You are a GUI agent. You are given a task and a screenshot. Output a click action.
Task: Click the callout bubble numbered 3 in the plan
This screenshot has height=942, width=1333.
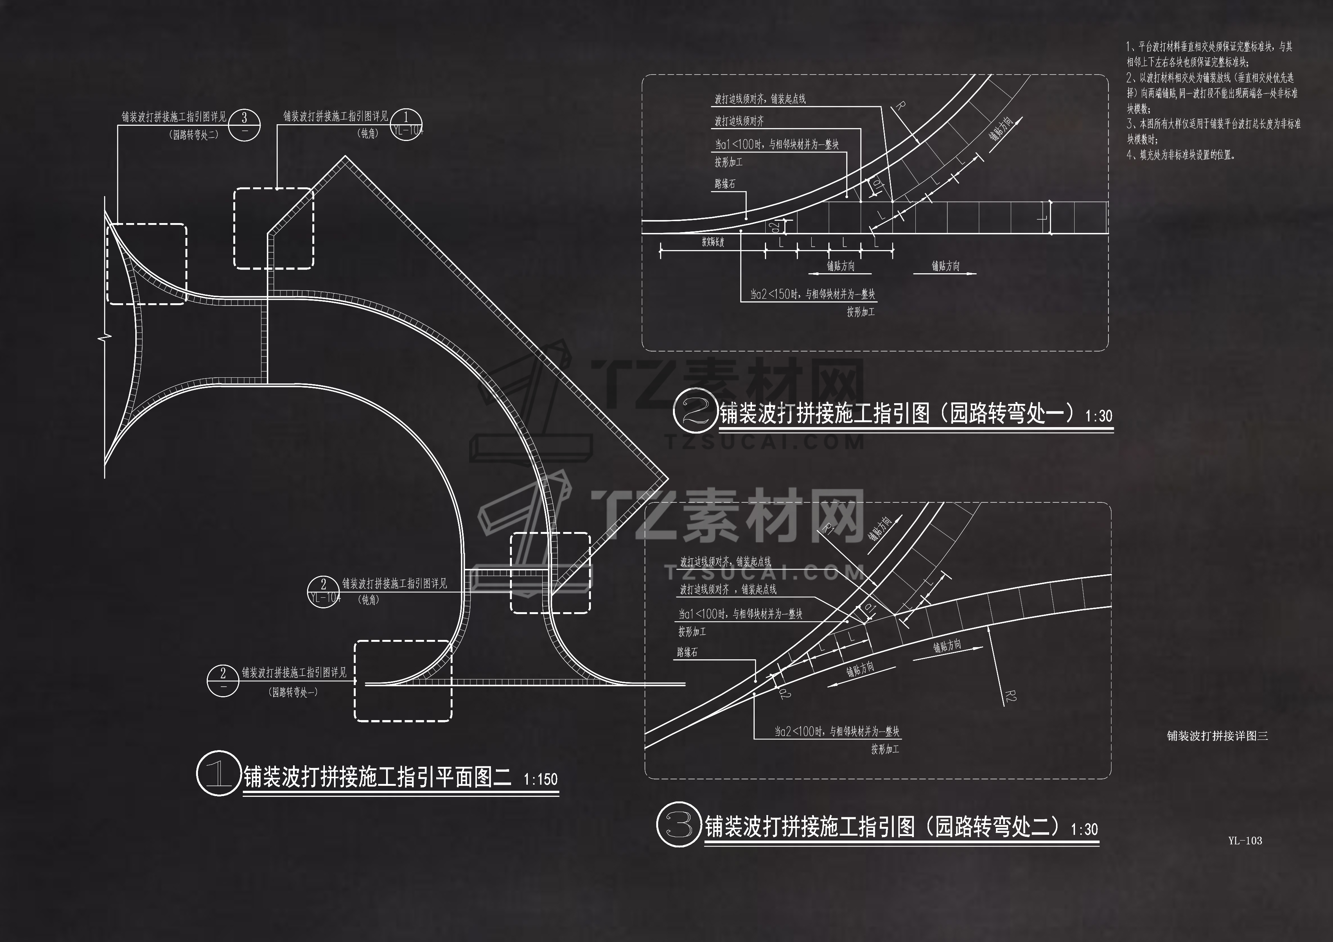[x=244, y=125]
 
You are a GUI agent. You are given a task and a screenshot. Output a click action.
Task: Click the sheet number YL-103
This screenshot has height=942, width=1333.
[x=1245, y=841]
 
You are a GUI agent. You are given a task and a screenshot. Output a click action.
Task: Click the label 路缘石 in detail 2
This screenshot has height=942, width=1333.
[x=725, y=184]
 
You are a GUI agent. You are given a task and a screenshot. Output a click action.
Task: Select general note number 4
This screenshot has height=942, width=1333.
[x=1181, y=155]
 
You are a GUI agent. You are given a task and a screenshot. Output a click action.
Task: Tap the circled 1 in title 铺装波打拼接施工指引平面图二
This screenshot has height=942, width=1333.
[x=218, y=773]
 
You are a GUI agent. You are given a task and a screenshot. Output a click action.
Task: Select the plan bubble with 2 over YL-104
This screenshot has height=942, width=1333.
[x=324, y=591]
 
